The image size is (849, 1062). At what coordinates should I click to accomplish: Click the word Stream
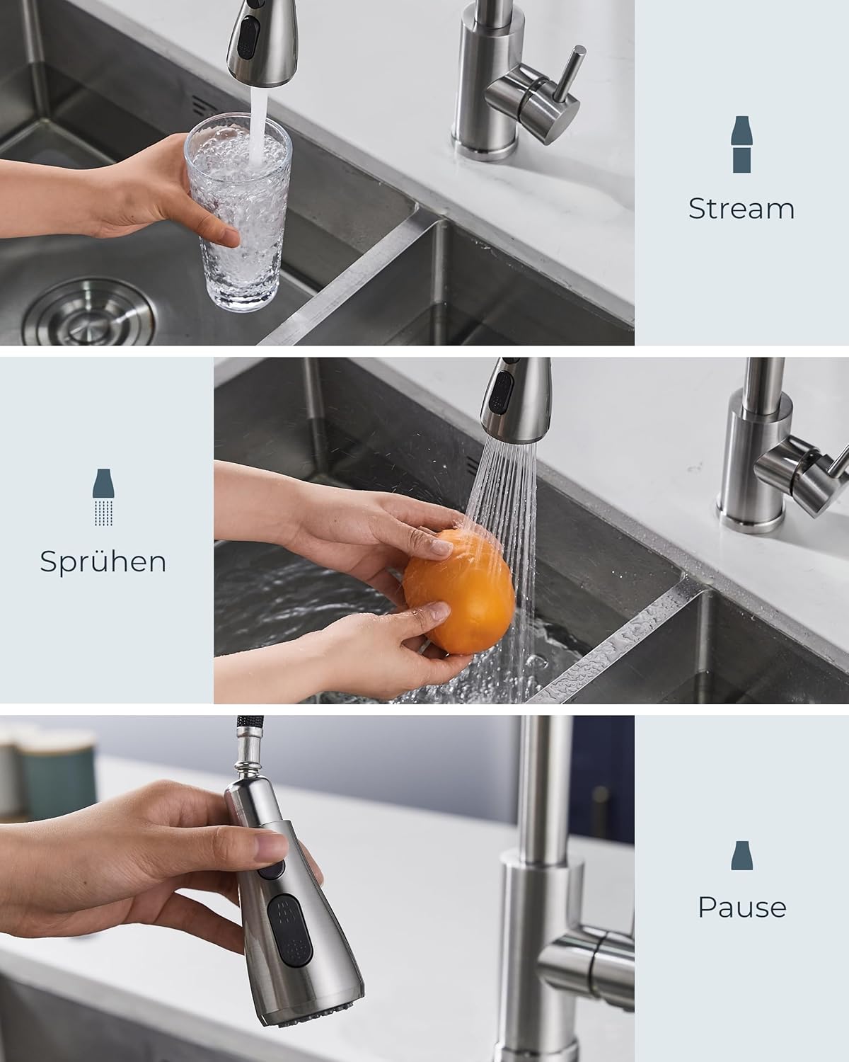click(x=741, y=209)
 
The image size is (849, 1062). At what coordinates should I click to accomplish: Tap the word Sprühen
click(x=103, y=562)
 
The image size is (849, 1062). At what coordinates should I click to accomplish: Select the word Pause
click(x=742, y=906)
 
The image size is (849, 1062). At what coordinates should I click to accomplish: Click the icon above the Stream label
click(x=741, y=144)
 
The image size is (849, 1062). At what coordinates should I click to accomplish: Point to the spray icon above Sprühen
click(x=103, y=497)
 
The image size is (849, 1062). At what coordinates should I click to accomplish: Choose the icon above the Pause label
click(x=741, y=856)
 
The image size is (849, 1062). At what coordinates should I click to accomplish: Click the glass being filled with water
click(x=238, y=212)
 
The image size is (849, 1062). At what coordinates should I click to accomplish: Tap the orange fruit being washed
click(x=459, y=592)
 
